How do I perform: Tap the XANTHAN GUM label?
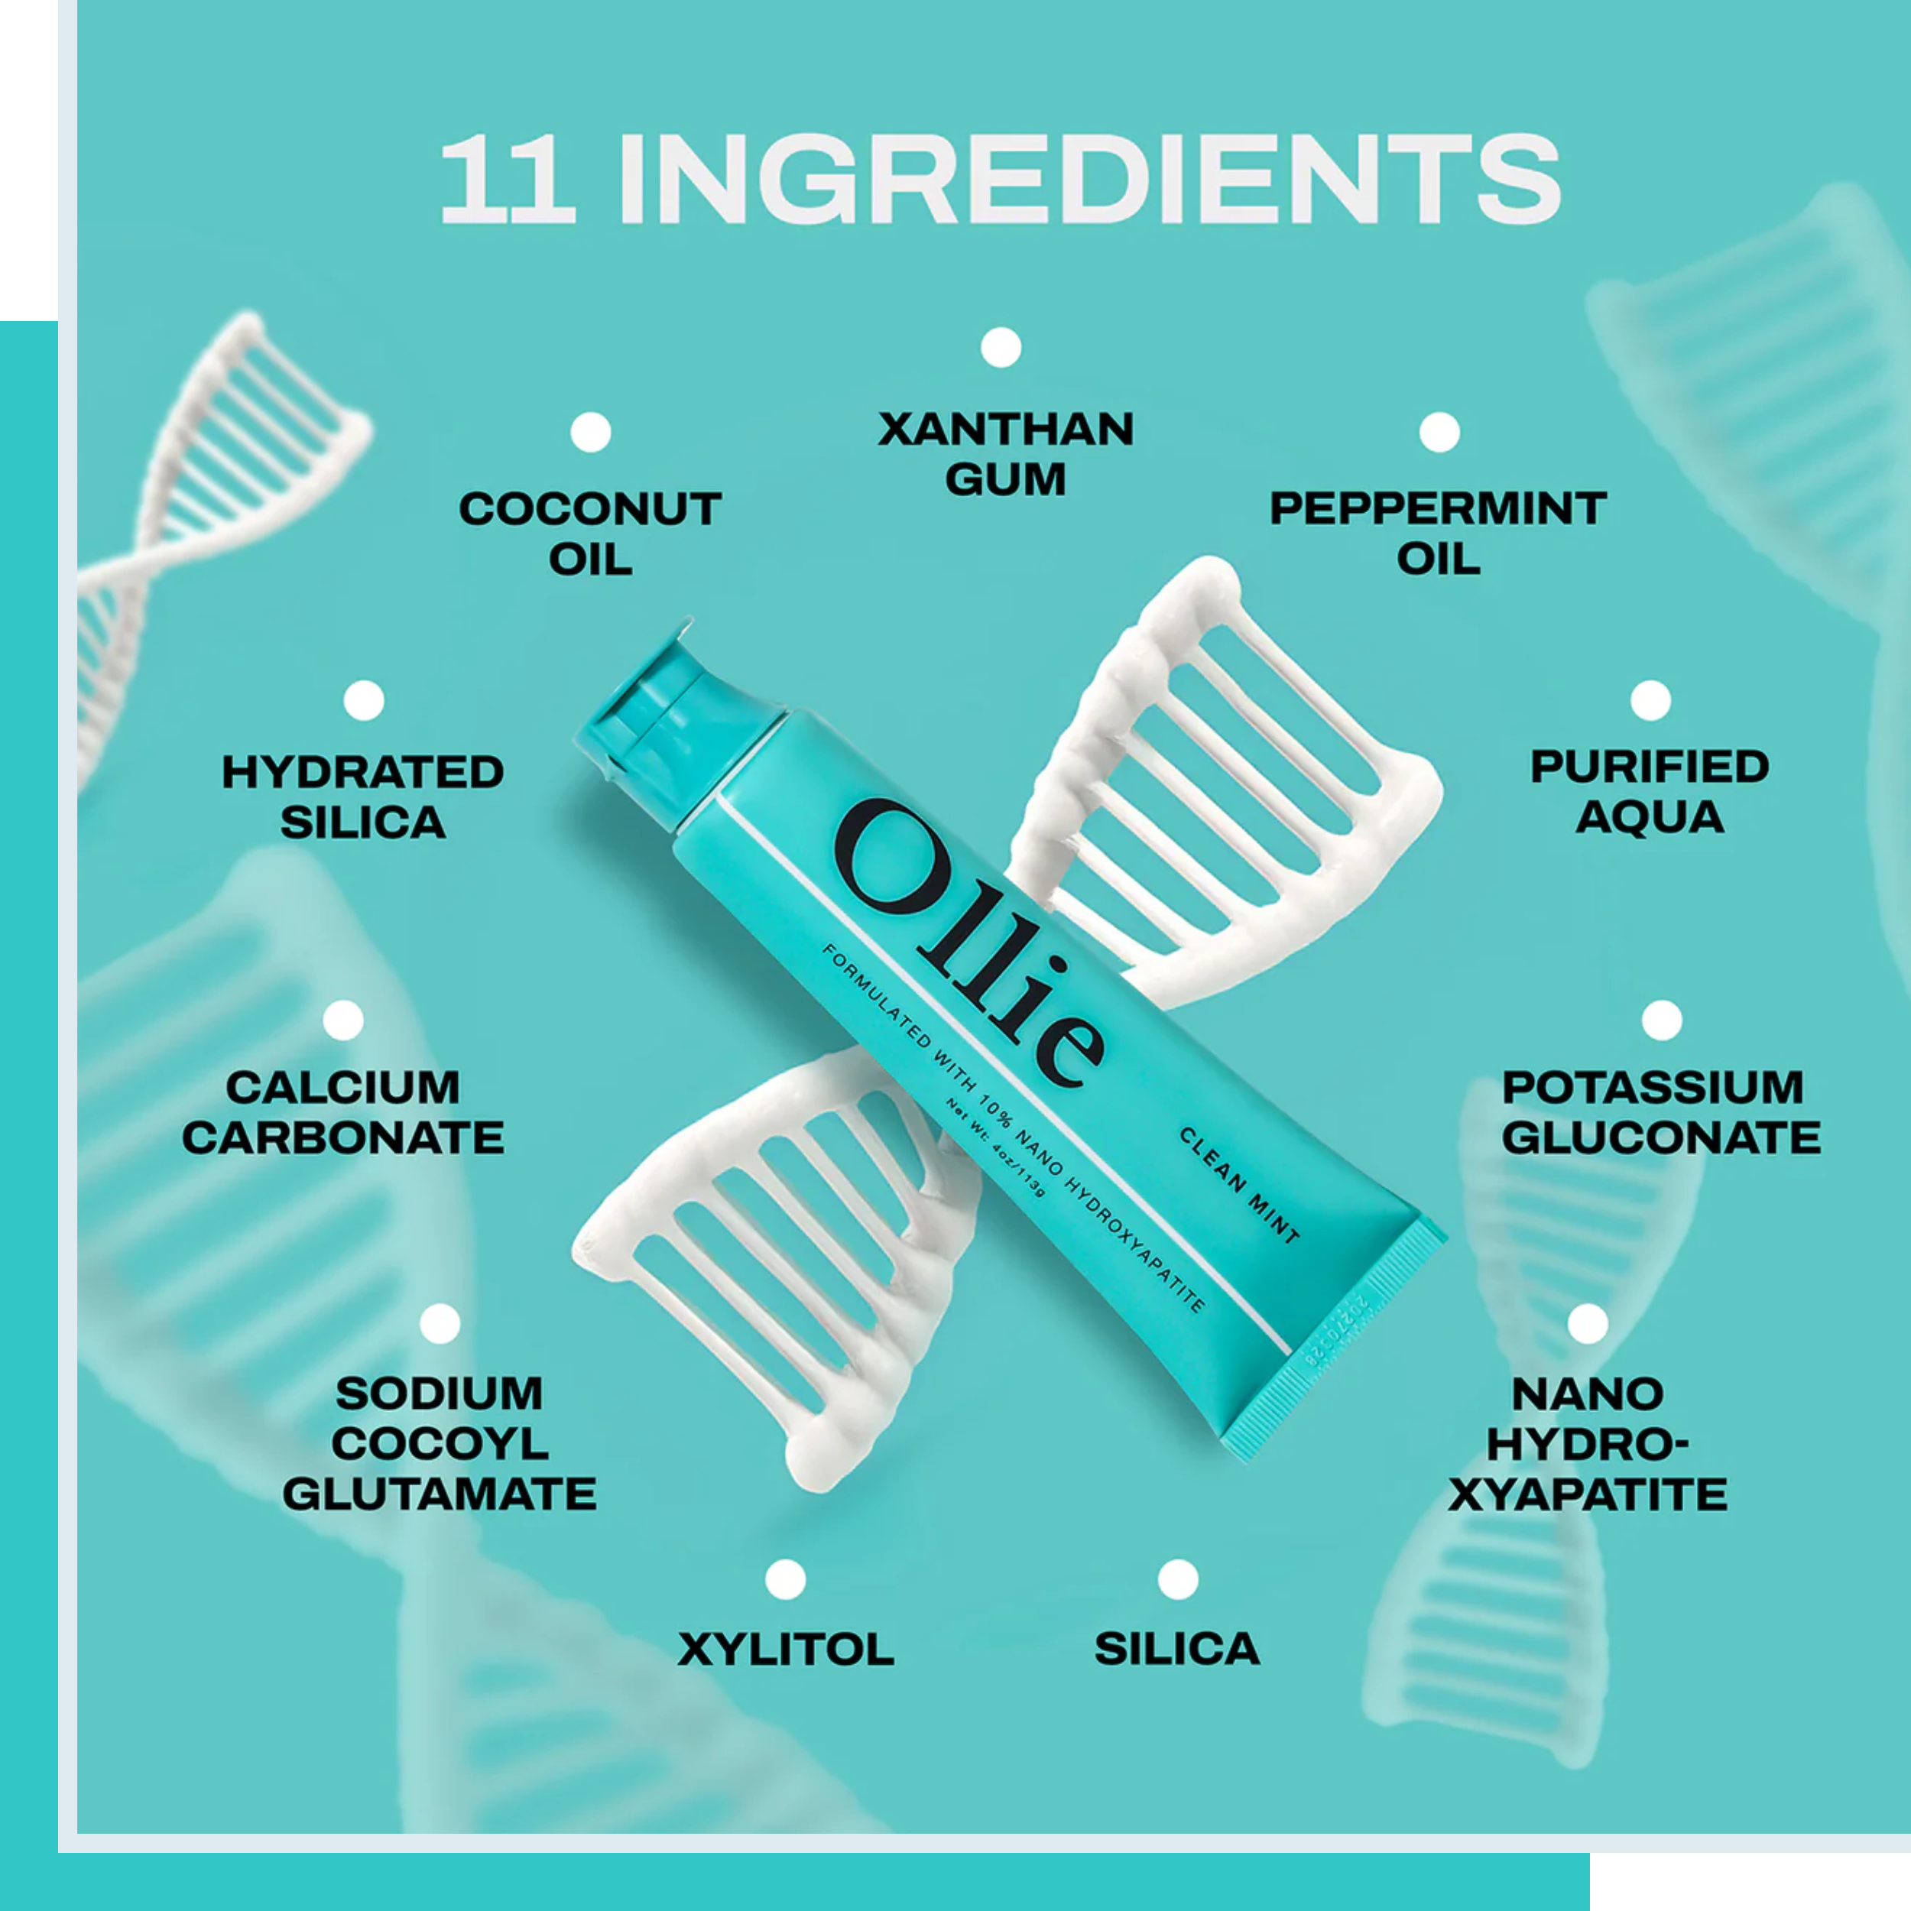[x=1006, y=454]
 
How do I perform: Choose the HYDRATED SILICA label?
[x=363, y=797]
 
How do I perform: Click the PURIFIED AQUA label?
[x=1650, y=792]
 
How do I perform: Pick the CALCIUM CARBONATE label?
[x=343, y=1113]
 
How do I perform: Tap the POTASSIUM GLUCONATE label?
[x=1662, y=1113]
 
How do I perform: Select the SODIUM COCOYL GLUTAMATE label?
[x=440, y=1444]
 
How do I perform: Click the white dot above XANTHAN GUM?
[x=1001, y=347]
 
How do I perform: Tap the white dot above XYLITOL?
[x=785, y=1580]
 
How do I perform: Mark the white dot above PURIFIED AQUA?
[x=1650, y=700]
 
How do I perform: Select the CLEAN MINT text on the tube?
[x=1238, y=1185]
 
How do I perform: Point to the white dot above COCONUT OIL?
[x=591, y=432]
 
